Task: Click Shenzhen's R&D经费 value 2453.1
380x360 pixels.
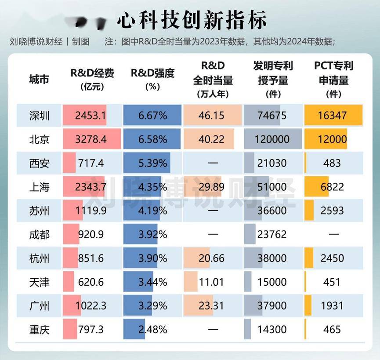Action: pyautogui.click(x=90, y=116)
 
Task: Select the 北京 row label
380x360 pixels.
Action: pyautogui.click(x=40, y=140)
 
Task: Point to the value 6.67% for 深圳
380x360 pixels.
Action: pyautogui.click(x=152, y=116)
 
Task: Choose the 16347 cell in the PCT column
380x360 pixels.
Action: pyautogui.click(x=332, y=116)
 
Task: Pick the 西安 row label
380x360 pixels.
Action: pyautogui.click(x=40, y=164)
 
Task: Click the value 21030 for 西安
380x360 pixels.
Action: pyautogui.click(x=272, y=164)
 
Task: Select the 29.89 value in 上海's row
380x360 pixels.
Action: pyautogui.click(x=213, y=187)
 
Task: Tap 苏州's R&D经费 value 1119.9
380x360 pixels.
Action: pyautogui.click(x=90, y=211)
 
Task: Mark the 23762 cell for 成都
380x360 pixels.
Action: pyautogui.click(x=272, y=235)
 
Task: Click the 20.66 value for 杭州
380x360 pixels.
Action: pyautogui.click(x=213, y=258)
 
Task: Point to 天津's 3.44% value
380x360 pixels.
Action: pyautogui.click(x=152, y=282)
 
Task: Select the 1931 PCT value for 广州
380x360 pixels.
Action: pyautogui.click(x=332, y=306)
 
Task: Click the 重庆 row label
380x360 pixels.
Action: pyautogui.click(x=40, y=329)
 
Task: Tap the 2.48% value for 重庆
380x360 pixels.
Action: pyautogui.click(x=152, y=329)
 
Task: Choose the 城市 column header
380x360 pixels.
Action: pyautogui.click(x=40, y=80)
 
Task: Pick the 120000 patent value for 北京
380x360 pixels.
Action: pyautogui.click(x=272, y=140)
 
